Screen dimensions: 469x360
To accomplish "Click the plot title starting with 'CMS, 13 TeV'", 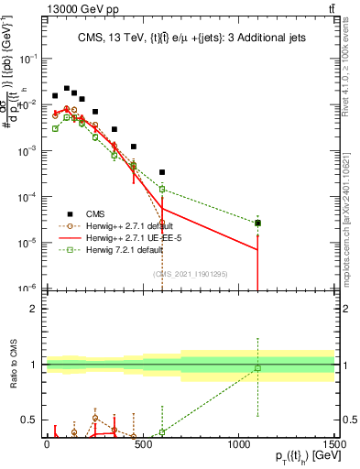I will click(x=190, y=38).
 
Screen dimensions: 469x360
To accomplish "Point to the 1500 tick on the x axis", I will click(x=334, y=442).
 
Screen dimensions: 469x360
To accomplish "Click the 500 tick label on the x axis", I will click(x=142, y=442).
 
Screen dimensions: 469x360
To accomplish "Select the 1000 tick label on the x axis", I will click(x=238, y=442).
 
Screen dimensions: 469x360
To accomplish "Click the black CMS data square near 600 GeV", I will click(x=162, y=172).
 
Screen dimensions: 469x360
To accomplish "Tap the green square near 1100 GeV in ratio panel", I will click(x=257, y=368).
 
